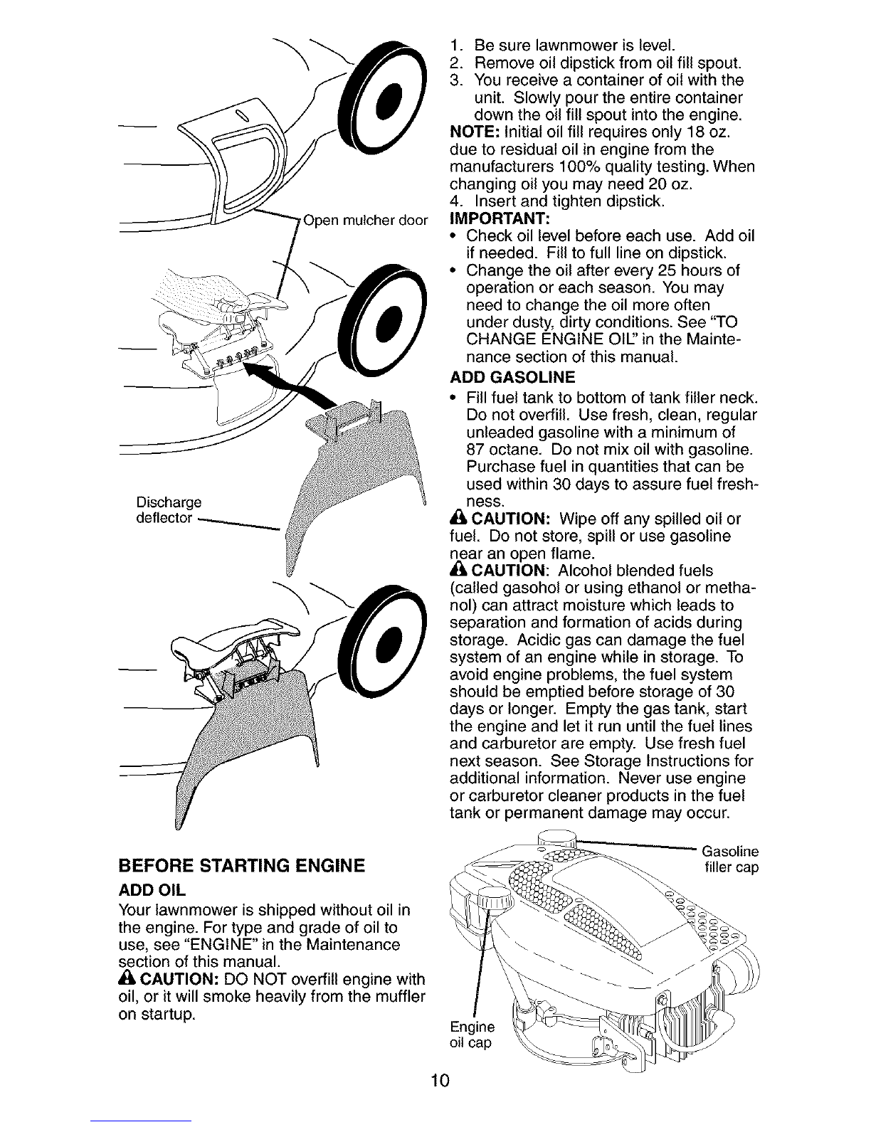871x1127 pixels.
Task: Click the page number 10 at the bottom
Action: pos(440,1080)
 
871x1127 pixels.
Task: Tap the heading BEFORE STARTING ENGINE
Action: pos(242,866)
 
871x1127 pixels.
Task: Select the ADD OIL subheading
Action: pos(152,890)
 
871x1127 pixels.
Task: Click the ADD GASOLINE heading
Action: pos(512,376)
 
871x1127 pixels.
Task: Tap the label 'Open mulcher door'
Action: pos(365,221)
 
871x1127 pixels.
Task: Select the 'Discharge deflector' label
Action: pos(169,510)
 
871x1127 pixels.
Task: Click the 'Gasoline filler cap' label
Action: pos(730,859)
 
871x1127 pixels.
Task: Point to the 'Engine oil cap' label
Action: pos(472,1035)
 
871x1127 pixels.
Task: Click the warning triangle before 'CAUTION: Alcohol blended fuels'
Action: pos(459,570)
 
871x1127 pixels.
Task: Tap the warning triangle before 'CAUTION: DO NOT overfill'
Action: pos(127,979)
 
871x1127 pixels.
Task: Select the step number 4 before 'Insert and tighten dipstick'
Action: pos(455,201)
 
